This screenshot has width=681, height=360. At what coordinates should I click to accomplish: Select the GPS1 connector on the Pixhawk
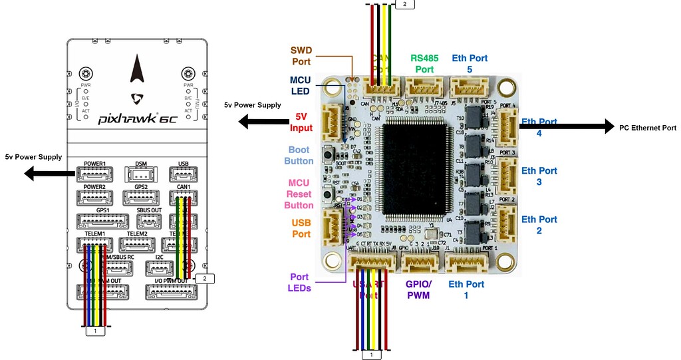[102, 222]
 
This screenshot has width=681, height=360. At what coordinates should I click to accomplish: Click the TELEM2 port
[137, 245]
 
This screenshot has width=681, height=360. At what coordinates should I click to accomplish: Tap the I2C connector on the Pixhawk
[159, 268]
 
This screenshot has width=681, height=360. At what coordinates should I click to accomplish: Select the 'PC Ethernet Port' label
[647, 128]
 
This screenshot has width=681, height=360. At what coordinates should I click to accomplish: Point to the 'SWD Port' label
[301, 56]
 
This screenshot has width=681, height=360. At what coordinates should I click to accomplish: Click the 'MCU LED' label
[300, 86]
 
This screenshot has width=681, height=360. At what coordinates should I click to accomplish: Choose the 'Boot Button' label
[299, 155]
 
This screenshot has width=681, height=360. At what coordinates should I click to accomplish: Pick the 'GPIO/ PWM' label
[419, 289]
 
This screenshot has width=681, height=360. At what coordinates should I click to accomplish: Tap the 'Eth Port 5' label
[470, 64]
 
